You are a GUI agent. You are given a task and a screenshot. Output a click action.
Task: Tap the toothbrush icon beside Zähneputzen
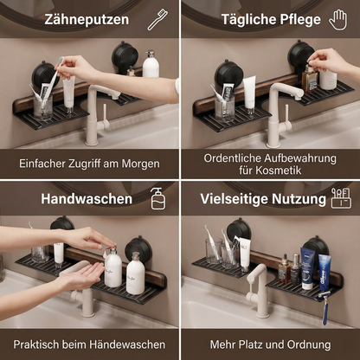157,19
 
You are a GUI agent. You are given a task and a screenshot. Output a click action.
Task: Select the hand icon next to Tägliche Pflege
337,19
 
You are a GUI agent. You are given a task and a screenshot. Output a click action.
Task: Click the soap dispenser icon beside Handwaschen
157,198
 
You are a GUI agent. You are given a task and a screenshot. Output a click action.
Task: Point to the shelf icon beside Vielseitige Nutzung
340,198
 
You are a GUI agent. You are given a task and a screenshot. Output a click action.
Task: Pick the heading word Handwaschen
87,199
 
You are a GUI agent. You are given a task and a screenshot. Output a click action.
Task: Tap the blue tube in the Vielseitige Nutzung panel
324,269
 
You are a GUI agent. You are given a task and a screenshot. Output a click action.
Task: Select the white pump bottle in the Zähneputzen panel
151,65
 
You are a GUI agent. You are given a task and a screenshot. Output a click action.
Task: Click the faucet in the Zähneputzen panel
98,108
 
